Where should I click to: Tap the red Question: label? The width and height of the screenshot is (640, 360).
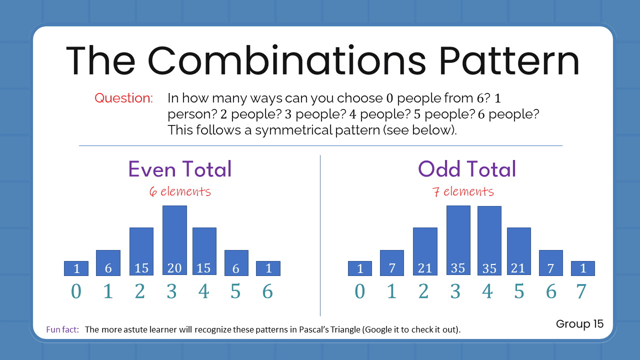coord(123,98)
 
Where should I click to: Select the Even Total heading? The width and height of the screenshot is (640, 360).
coord(180,169)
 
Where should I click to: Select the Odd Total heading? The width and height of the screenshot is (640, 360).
coord(467,169)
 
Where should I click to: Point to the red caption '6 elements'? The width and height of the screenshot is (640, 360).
coord(180,191)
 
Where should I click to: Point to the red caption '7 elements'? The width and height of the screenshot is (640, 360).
coord(463,191)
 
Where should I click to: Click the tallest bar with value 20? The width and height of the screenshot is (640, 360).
coord(174,240)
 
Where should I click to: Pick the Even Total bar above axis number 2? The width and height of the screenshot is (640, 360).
coord(141,251)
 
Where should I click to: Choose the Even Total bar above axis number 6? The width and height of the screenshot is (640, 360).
coord(268,268)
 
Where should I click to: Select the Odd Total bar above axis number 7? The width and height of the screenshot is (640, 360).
coord(582,268)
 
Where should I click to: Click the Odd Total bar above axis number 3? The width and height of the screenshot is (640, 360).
coord(458,240)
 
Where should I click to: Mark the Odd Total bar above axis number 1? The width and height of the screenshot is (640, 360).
coord(392,262)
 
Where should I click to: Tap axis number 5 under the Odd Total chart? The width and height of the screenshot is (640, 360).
coord(519,291)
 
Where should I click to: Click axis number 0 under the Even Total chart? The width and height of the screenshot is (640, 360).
coord(76,291)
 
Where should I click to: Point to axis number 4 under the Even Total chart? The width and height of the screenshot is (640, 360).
coord(203,291)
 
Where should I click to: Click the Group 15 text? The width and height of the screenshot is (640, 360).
coord(579,323)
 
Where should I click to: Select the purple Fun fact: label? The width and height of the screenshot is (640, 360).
coord(62,329)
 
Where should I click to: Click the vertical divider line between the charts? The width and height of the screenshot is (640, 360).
coord(320,235)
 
